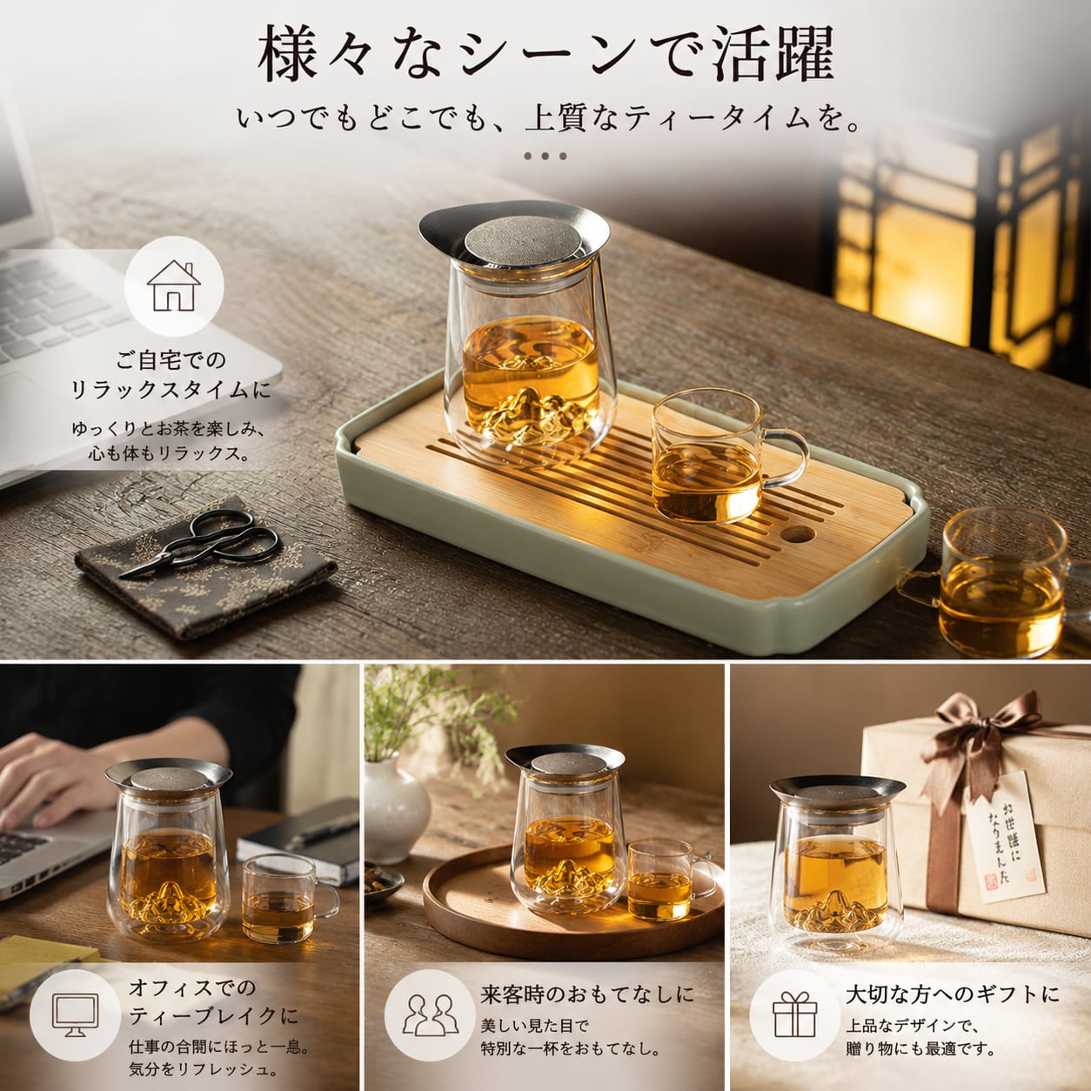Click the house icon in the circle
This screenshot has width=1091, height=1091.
tap(173, 286)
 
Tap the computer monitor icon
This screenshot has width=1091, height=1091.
tap(76, 1015)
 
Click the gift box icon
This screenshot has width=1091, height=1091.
tap(795, 1014)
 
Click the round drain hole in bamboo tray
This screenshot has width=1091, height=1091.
tap(799, 533)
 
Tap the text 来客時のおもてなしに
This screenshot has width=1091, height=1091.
tap(587, 994)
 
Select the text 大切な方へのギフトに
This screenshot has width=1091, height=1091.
tap(953, 994)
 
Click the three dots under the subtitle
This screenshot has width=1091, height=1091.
tap(545, 156)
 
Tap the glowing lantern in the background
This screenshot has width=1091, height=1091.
tap(957, 244)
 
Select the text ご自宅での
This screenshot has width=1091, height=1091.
tap(171, 360)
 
